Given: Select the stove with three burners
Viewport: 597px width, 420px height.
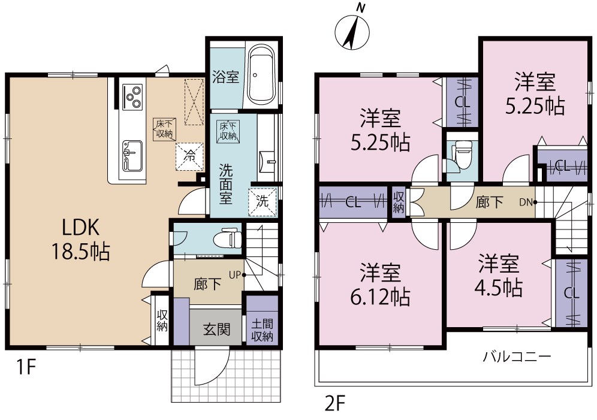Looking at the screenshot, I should tap(132, 96).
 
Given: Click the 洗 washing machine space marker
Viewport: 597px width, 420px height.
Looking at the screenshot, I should tap(263, 200).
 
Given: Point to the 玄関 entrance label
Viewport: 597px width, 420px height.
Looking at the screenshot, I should tap(216, 330).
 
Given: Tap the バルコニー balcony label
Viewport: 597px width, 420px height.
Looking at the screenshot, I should tap(517, 357).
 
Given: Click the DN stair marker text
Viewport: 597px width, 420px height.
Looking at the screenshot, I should tap(526, 202).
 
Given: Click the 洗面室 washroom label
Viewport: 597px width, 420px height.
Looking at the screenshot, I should tap(225, 183).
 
